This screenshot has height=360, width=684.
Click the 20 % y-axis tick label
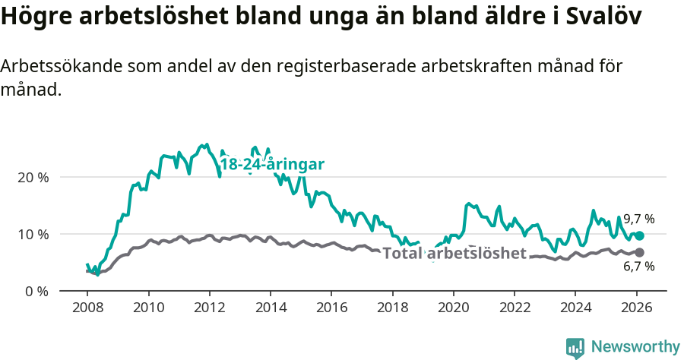coord(33,177)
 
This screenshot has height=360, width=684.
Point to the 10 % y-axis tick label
coord(33,234)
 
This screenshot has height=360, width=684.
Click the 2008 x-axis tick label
coord(87,308)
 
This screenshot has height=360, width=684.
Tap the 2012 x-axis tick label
coord(209,308)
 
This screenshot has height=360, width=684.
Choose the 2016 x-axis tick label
coord(331,308)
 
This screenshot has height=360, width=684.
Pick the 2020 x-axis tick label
coord(454,308)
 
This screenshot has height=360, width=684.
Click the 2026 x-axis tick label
coord(637,308)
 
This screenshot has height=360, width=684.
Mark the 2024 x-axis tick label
coord(575,308)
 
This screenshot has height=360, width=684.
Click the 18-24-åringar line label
coord(272,165)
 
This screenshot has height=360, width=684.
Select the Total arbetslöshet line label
coord(454,253)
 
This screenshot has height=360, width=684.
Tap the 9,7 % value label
coord(638,219)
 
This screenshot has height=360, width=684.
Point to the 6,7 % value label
coord(638,267)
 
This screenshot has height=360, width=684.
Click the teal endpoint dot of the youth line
coord(639,236)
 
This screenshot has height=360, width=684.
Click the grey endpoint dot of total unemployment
coord(639,252)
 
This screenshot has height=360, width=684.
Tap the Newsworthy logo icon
coord(575,347)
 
